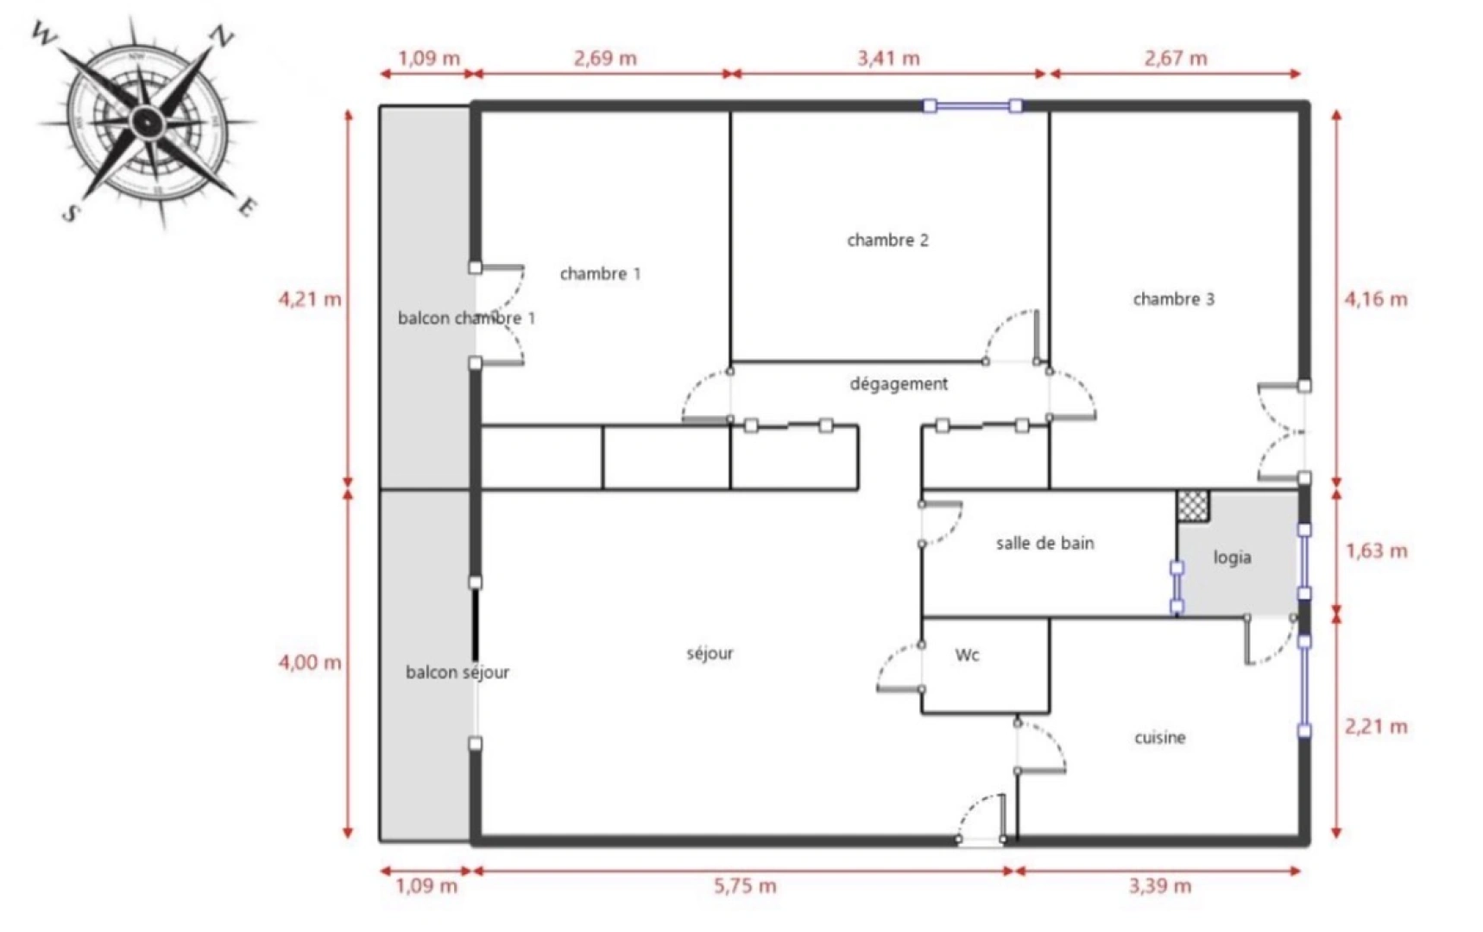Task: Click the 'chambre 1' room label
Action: [600, 274]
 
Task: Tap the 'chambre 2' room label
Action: [887, 240]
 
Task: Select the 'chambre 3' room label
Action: [1173, 299]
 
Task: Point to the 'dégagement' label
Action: [899, 384]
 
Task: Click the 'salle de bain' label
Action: [1044, 544]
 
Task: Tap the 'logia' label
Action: [1232, 557]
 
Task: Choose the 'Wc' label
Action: [967, 655]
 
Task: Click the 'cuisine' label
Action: [1159, 738]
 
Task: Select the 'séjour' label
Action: [710, 654]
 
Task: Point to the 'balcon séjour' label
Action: [457, 672]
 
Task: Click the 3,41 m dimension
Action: [888, 59]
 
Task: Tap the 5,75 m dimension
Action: [744, 886]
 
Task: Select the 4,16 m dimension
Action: [1375, 299]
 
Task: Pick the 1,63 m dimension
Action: [1376, 551]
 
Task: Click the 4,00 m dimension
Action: [309, 663]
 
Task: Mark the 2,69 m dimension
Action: [605, 59]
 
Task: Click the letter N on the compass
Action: [222, 36]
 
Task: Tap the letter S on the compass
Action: [70, 211]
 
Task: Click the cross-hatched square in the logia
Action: [1193, 506]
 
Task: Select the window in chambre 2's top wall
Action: [973, 106]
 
